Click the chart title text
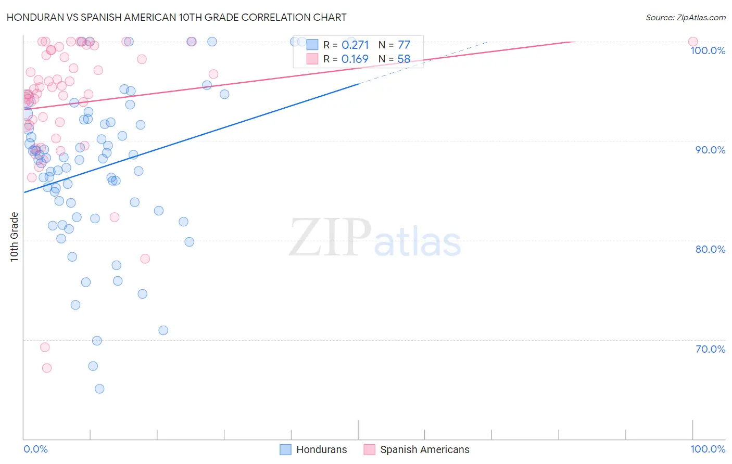[176, 17]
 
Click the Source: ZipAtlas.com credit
[685, 17]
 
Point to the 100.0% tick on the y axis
[708, 50]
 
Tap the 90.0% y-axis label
[710, 150]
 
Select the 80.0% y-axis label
[710, 249]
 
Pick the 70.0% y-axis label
[710, 349]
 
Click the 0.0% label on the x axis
[35, 449]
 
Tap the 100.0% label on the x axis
[708, 449]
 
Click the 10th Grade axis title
[15, 237]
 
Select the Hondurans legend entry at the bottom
[313, 449]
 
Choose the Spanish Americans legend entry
[417, 449]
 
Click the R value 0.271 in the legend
[355, 45]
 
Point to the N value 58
[404, 59]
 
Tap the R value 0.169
[355, 59]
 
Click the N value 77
[404, 45]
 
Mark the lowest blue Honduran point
[99, 389]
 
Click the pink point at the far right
[693, 42]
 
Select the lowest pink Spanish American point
[47, 368]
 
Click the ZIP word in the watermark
[330, 238]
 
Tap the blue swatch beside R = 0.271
[312, 45]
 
